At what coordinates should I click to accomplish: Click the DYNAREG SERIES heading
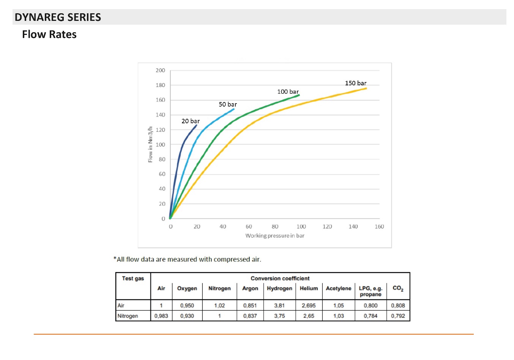point(58,17)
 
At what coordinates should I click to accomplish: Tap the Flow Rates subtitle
point(49,35)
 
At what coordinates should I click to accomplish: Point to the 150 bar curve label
point(356,83)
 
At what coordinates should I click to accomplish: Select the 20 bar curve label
point(191,121)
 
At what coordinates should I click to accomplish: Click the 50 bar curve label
point(228,104)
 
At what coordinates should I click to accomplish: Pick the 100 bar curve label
point(288,92)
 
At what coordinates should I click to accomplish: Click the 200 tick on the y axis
point(161,70)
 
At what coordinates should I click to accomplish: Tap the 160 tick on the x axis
point(379,226)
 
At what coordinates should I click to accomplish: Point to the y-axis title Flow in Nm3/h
point(150,145)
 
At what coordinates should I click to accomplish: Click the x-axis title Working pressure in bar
point(275,236)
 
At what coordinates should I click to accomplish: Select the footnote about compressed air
point(188,259)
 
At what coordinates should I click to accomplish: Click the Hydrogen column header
point(279,288)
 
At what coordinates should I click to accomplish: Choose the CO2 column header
point(398,288)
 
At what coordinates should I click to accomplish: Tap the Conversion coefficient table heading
point(280,278)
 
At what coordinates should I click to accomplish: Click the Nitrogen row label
point(128,316)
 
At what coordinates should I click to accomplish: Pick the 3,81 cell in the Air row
point(279,305)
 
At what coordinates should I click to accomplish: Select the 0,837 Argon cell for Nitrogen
point(250,316)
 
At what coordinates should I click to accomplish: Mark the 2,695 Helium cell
point(309,305)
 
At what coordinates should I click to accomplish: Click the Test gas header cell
point(133,278)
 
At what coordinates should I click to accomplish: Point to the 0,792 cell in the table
point(398,316)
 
